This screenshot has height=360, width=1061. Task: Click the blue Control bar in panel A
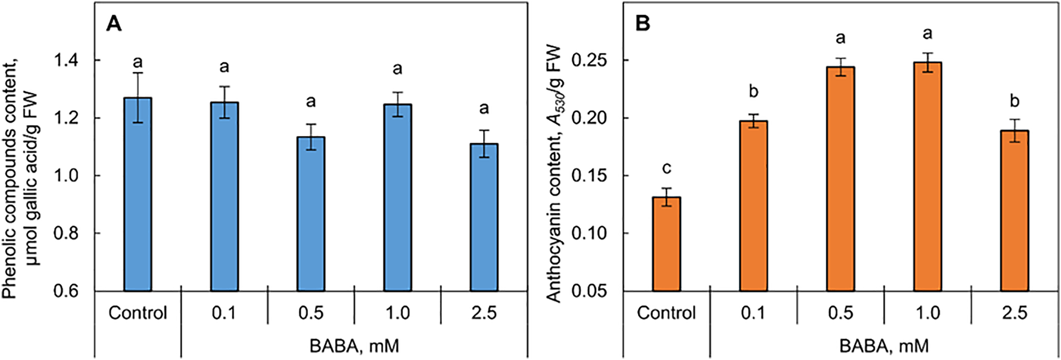pyautogui.click(x=138, y=194)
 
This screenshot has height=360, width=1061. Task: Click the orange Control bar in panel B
pyautogui.click(x=666, y=243)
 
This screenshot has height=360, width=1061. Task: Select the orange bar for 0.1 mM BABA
pyautogui.click(x=753, y=206)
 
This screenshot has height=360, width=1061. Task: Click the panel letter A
pyautogui.click(x=114, y=24)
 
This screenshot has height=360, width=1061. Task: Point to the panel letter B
pyautogui.click(x=643, y=24)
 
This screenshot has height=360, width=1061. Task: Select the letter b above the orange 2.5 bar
pyautogui.click(x=1015, y=101)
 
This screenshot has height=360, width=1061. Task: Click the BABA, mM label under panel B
pyautogui.click(x=884, y=346)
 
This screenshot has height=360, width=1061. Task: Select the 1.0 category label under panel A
pyautogui.click(x=398, y=313)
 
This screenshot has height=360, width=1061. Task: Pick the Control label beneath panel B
pyautogui.click(x=666, y=313)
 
